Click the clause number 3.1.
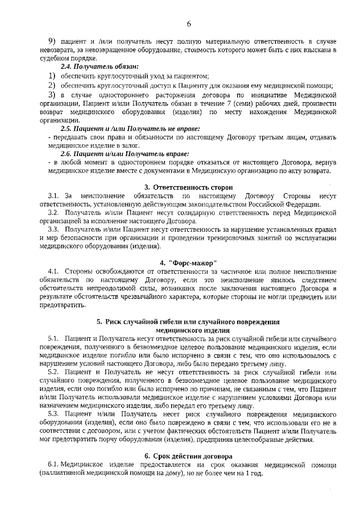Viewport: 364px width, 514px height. [x=53, y=196]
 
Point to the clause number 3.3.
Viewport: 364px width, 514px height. [x=53, y=229]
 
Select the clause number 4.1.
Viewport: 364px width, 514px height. [x=54, y=271]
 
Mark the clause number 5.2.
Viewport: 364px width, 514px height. [x=54, y=371]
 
